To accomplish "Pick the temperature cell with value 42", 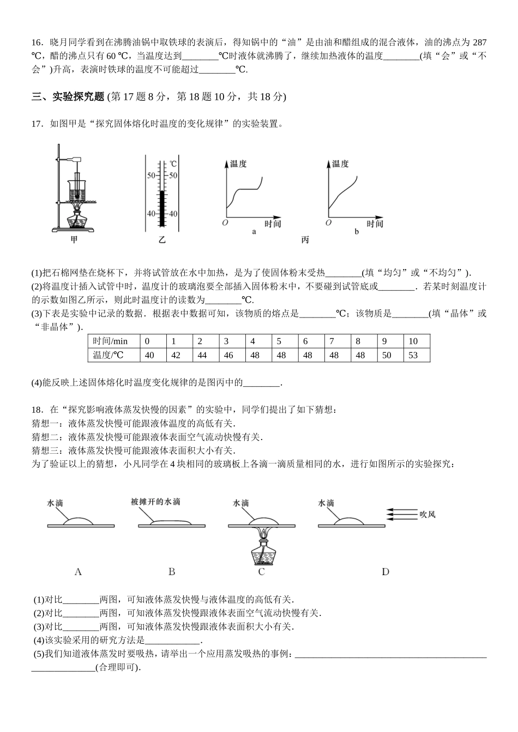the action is coord(176,355).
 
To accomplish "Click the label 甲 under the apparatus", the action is coord(74,239).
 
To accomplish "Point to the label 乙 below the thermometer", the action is coord(162,240).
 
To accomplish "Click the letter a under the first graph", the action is coord(254,231).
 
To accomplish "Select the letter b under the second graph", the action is coord(357,231).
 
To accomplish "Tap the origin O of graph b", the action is coord(328,223).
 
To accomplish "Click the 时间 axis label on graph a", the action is coord(273,223).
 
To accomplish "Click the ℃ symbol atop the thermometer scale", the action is coord(173,163).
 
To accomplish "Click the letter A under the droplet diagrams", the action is coord(77,572).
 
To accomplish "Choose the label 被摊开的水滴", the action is coord(155,502).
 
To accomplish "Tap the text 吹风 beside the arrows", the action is coord(427,514).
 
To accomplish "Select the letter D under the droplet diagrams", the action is coord(386,572).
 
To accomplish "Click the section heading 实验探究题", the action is coord(78,97).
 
